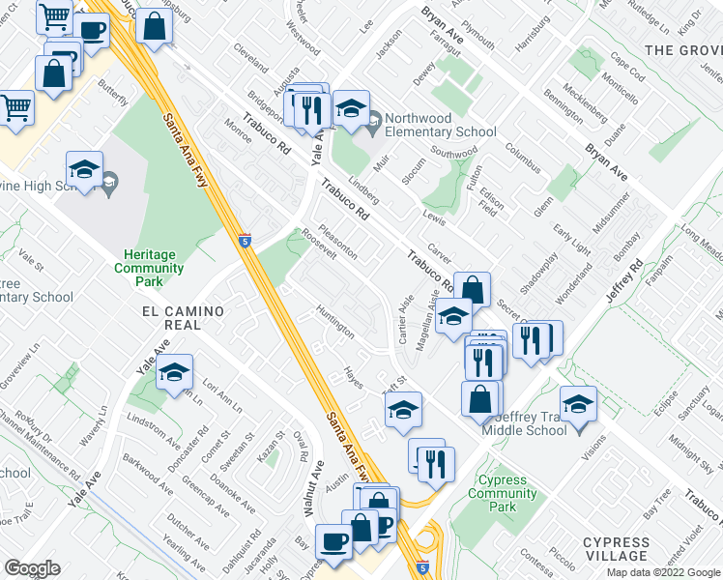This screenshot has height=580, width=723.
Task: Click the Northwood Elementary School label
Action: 440,125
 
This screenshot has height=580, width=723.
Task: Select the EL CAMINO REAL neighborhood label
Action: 183,318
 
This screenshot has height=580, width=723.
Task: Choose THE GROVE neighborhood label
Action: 682,49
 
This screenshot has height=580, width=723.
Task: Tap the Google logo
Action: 32,568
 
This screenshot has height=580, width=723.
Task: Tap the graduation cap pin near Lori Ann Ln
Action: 174,370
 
